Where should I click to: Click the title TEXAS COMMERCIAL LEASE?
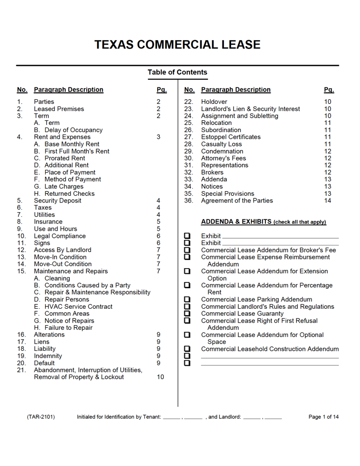[x=177, y=45]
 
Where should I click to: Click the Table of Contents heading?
[x=177, y=72]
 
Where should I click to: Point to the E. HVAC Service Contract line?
[x=73, y=306]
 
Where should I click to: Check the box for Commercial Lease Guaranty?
[x=187, y=313]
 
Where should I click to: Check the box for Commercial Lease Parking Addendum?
[x=187, y=300]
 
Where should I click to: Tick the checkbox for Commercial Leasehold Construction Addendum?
[x=187, y=349]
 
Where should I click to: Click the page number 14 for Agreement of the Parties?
[x=328, y=200]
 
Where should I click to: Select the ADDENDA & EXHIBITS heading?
[x=263, y=222]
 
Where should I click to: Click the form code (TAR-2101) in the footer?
[x=41, y=417]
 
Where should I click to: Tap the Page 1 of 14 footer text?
[x=323, y=417]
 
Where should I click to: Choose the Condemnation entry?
[x=222, y=151]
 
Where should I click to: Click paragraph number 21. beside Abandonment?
[x=22, y=370]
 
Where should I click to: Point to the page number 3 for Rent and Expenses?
[x=158, y=137]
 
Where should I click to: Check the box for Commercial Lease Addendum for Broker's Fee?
[x=187, y=250]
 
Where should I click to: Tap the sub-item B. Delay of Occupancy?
[x=68, y=130]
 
